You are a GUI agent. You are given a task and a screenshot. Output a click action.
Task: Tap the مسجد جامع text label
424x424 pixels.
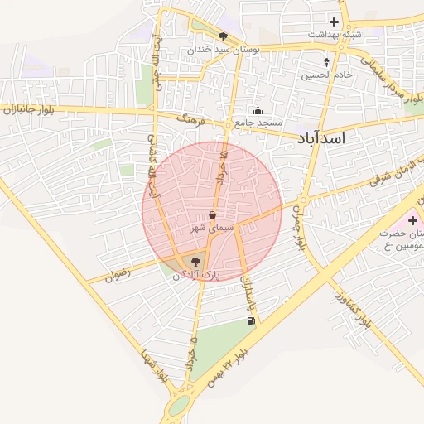(258, 123)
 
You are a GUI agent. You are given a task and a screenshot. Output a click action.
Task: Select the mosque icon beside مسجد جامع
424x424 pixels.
(258, 111)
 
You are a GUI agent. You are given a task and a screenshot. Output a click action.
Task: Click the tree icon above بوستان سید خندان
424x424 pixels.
(223, 36)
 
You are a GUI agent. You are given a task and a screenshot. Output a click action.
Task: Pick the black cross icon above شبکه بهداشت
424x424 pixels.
(335, 22)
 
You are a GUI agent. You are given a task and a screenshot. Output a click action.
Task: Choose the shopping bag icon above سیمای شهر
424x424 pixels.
(213, 214)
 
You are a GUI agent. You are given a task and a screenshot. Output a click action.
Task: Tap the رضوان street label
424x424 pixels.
(119, 275)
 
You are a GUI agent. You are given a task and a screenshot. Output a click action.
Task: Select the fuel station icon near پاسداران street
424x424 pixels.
(251, 320)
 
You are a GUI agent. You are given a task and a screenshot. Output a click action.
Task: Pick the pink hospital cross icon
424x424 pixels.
(412, 222)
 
